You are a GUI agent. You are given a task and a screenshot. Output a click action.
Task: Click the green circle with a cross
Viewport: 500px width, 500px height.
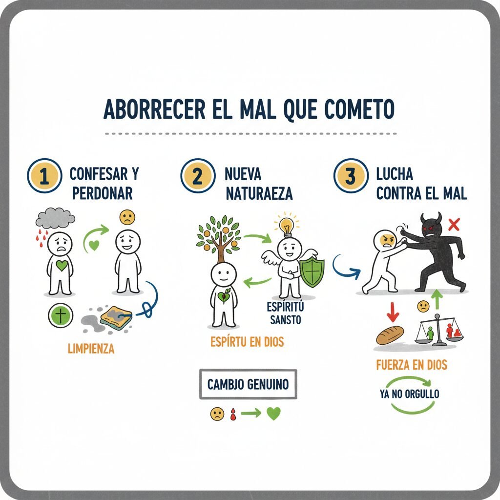[61, 315]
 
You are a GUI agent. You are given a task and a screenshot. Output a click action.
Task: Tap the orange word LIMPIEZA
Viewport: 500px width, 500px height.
[91, 349]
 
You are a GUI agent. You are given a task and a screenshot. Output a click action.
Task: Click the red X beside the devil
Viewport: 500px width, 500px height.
[454, 225]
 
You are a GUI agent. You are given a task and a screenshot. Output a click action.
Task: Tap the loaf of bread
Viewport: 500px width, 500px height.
[390, 335]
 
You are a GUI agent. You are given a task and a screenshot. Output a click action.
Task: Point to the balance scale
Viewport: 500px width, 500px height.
[439, 331]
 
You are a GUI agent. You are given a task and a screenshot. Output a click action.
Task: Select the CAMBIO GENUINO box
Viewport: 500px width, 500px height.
[248, 384]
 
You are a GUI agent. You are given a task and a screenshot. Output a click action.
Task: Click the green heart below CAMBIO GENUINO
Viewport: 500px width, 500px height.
[273, 414]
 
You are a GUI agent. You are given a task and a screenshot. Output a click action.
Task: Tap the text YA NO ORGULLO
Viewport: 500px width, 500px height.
[409, 394]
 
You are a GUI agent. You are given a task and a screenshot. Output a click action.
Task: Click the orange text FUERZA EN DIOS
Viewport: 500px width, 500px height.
[412, 365]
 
